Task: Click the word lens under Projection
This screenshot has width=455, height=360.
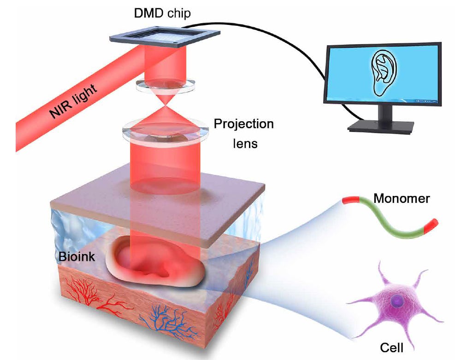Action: pyautogui.click(x=243, y=143)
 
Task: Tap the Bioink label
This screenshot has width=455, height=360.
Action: pyautogui.click(x=77, y=256)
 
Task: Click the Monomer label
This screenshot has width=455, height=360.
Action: pyautogui.click(x=402, y=199)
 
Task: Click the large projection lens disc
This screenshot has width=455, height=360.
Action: pyautogui.click(x=165, y=131)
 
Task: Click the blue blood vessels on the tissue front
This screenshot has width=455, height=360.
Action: pyautogui.click(x=166, y=320)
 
